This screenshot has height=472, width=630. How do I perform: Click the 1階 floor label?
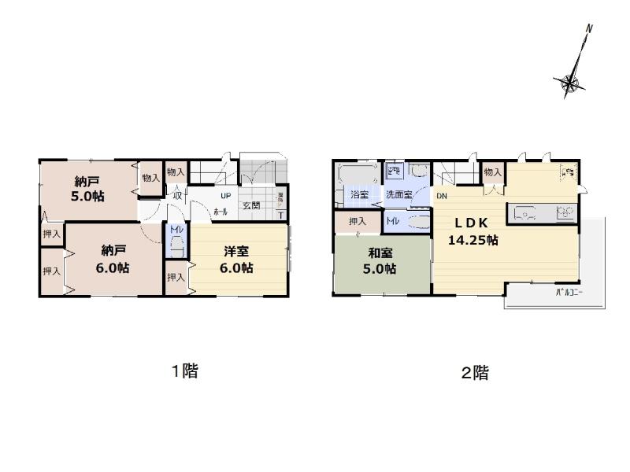[185, 371]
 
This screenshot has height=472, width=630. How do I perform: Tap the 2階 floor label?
[475, 373]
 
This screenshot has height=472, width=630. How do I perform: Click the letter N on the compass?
[588, 30]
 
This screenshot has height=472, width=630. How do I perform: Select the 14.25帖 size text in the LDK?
[472, 241]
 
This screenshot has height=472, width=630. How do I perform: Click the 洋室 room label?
[236, 252]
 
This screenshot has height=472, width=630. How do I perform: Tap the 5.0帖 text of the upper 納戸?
[89, 197]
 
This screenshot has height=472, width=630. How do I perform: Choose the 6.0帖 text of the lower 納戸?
[115, 267]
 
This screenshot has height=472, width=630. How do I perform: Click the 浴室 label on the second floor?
[359, 194]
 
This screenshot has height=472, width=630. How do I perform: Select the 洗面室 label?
[398, 194]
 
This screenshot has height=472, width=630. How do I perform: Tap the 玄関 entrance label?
[251, 206]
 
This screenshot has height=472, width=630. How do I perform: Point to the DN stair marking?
[442, 195]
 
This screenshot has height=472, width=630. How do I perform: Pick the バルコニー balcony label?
[563, 293]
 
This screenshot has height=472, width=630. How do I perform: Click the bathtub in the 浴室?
[357, 174]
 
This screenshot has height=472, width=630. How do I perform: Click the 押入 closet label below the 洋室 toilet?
[176, 277]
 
